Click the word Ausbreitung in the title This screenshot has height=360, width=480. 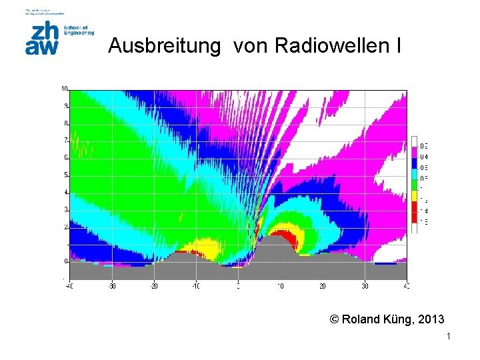coord(163,46)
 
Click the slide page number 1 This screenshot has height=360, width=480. coord(449,337)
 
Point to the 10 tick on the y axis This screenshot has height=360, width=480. coord(65,88)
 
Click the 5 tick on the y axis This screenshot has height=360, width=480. coord(65,175)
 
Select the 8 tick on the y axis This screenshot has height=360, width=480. coord(65,123)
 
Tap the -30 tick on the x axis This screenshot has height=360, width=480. coord(111,286)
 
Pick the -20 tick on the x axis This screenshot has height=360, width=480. coord(153,286)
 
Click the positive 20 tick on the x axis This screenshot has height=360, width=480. coord(323,286)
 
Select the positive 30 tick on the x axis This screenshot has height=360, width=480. coord(365,286)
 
